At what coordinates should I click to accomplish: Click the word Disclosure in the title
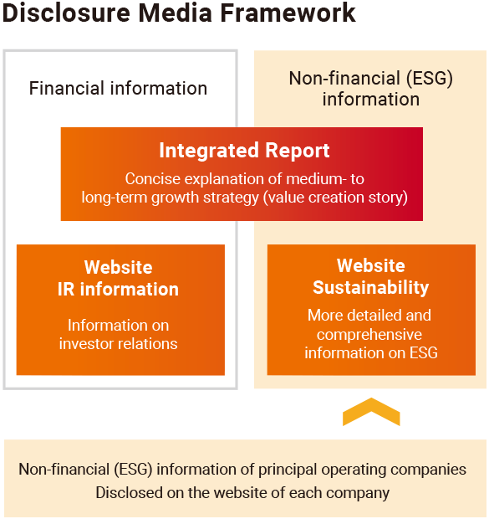[x=66, y=13]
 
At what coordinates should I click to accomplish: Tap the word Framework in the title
[x=288, y=13]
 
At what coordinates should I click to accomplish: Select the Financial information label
[x=118, y=89]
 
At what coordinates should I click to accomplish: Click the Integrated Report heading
[x=244, y=151]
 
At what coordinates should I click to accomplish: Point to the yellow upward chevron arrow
[x=371, y=411]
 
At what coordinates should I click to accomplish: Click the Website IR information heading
[x=119, y=279]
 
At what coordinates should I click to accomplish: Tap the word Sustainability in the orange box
[x=371, y=287]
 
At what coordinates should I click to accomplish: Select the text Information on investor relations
[x=119, y=334]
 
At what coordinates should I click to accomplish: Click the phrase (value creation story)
[x=335, y=198]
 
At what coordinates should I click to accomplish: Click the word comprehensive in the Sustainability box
[x=369, y=334]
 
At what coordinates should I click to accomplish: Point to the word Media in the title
[x=176, y=13]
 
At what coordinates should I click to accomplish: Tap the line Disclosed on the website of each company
[x=242, y=493]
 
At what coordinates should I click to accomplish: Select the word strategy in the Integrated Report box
[x=231, y=198]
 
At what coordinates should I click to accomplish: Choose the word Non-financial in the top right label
[x=345, y=79]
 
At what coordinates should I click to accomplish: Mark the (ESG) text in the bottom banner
[x=133, y=470]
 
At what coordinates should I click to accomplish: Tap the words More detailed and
[x=369, y=315]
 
